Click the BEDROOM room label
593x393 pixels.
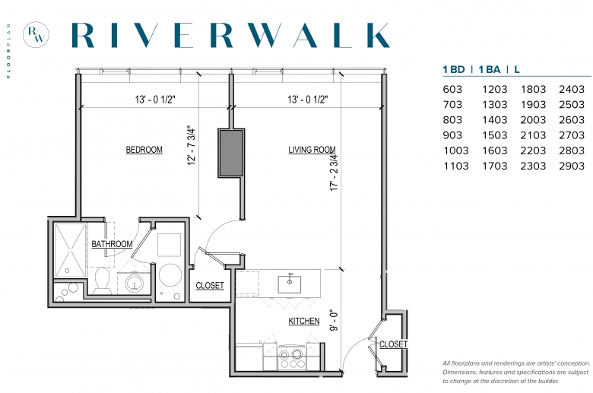pyautogui.click(x=144, y=150)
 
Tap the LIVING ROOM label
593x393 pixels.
pyautogui.click(x=312, y=150)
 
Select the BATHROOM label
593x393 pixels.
pyautogui.click(x=112, y=244)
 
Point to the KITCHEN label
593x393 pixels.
pyautogui.click(x=303, y=321)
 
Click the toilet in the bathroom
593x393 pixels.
pyautogui.click(x=102, y=280)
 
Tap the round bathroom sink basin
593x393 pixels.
pyautogui.click(x=135, y=283)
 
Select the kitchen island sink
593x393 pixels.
pyautogui.click(x=290, y=284)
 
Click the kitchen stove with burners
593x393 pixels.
pyautogui.click(x=291, y=358)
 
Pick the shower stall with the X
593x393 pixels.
pyautogui.click(x=71, y=250)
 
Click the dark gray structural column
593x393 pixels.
pyautogui.click(x=231, y=153)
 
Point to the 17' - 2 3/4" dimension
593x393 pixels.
pyautogui.click(x=334, y=172)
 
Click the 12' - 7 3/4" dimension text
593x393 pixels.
pyautogui.click(x=192, y=145)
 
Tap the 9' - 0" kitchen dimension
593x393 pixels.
pyautogui.click(x=334, y=321)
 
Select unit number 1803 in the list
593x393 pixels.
pyautogui.click(x=533, y=89)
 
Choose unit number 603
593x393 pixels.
pyautogui.click(x=452, y=89)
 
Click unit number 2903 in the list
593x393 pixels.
pyautogui.click(x=572, y=166)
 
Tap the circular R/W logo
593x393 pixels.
pyautogui.click(x=36, y=34)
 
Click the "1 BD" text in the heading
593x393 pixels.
pyautogui.click(x=454, y=70)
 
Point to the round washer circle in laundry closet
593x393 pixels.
pyautogui.click(x=170, y=274)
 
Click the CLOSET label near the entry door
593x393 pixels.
pyautogui.click(x=393, y=344)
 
